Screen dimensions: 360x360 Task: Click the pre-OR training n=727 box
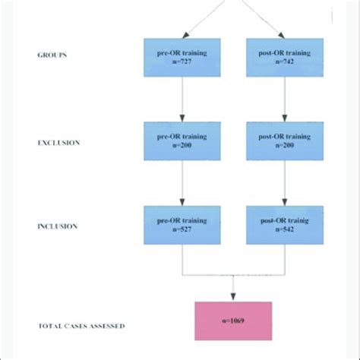[182, 57]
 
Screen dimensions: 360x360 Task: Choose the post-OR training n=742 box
[284, 57]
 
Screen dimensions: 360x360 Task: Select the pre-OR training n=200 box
[182, 141]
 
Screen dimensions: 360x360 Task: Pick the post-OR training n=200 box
[284, 141]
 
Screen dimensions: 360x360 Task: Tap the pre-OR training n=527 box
[182, 224]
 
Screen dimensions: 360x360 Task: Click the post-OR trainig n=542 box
[284, 224]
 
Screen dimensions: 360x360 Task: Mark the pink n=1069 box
[232, 320]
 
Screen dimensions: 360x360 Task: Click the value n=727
[182, 62]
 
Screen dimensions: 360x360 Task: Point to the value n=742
[284, 62]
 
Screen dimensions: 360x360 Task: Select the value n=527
[182, 229]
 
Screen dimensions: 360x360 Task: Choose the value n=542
[284, 229]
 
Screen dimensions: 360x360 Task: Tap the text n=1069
[232, 320]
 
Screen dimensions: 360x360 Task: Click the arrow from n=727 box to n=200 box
[182, 99]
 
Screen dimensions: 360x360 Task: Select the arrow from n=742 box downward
[284, 99]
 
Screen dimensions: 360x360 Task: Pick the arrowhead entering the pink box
[232, 296]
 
